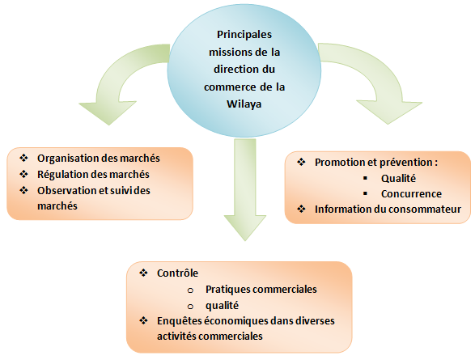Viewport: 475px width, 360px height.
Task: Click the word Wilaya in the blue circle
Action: pos(244,104)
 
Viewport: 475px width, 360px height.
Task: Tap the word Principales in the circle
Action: pos(244,35)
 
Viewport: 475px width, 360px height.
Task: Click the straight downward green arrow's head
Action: pos(245,227)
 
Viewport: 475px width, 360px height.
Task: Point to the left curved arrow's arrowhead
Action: pos(108,112)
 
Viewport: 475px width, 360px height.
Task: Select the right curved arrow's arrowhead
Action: pos(389,112)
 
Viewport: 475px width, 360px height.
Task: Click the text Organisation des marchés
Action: pos(99,159)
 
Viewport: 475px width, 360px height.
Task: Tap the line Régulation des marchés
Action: pos(93,175)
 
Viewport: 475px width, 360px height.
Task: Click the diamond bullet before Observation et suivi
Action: pos(23,190)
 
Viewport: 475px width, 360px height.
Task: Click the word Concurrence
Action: pos(411,194)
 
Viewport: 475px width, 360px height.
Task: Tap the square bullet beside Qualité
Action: pos(365,178)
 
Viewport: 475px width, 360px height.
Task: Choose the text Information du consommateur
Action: pos(388,210)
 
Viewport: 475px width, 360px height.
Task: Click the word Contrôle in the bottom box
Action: pos(177,273)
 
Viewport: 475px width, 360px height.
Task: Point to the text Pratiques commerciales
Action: pos(261,289)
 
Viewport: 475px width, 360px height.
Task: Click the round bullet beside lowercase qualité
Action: pos(190,307)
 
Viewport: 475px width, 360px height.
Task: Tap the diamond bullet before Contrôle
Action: pos(143,273)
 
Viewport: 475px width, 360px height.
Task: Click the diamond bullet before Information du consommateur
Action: pos(301,209)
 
